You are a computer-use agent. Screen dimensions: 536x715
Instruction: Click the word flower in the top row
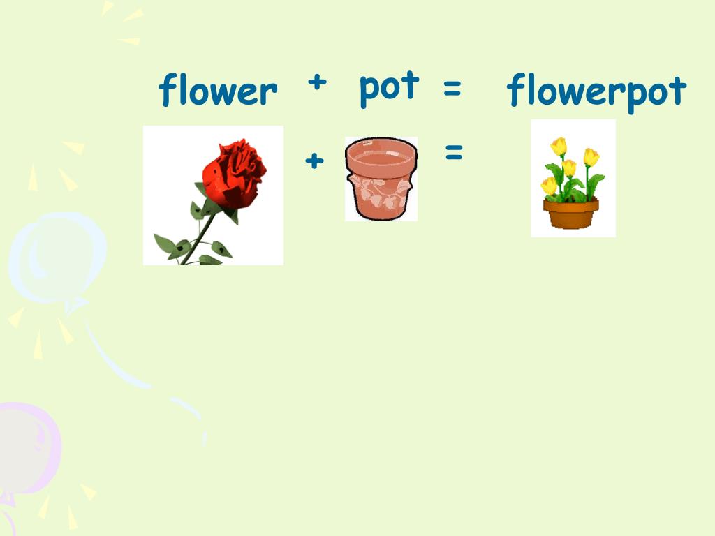[218, 91]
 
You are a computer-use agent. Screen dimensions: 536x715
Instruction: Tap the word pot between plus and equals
[389, 87]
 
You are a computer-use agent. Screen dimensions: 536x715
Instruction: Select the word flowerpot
[596, 91]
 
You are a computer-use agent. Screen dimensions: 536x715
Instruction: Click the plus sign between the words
[317, 82]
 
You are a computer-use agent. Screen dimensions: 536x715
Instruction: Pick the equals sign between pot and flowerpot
[452, 89]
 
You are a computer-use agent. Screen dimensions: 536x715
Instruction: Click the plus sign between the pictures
[315, 161]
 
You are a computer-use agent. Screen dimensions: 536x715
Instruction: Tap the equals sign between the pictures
[454, 153]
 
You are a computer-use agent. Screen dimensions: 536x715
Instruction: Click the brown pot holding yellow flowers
[571, 214]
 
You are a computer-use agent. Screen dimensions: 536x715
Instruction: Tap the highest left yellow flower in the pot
[558, 147]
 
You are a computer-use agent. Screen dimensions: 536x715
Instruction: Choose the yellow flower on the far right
[591, 157]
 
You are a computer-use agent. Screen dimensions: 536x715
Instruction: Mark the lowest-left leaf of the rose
[165, 244]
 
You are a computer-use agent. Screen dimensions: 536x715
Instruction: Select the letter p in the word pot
[369, 91]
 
